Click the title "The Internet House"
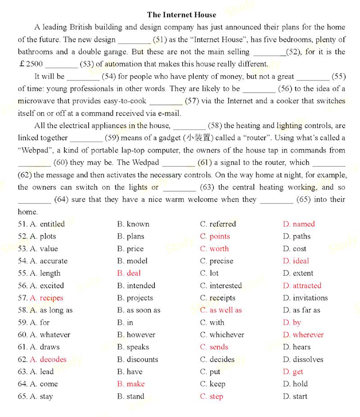[181, 15]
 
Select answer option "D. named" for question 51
[299, 224]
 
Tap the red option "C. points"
[215, 236]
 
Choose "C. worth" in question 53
[214, 249]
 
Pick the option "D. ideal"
[296, 261]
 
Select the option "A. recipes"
[46, 298]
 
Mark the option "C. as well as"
[221, 310]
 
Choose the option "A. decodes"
[48, 359]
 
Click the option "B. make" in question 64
[131, 384]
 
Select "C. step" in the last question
[211, 396]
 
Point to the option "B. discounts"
[138, 359]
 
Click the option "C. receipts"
[218, 298]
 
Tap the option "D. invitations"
[306, 298]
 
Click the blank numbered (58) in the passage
[189, 126]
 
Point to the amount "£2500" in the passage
[31, 64]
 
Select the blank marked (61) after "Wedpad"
[178, 163]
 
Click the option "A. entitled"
[47, 224]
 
